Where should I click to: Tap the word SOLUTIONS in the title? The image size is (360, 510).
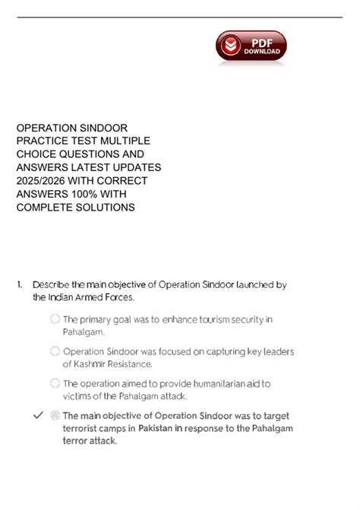107,207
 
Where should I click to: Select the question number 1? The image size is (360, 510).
19,284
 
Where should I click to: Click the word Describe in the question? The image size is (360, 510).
52,284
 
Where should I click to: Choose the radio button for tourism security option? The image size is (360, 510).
55,319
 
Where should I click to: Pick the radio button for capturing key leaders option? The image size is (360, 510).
55,351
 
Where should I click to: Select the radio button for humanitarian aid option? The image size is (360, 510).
55,383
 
